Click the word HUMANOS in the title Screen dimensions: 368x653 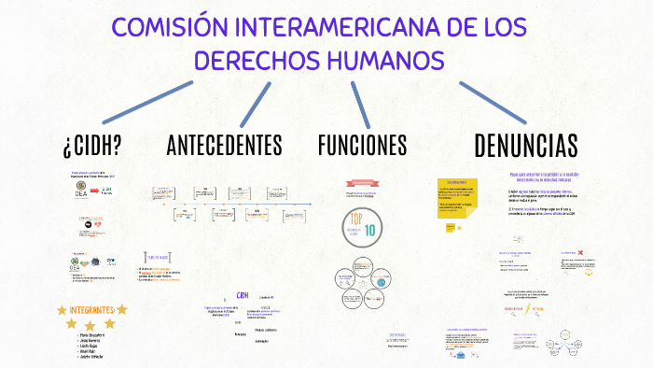click(x=382, y=60)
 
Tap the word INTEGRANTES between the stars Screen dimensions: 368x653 click(x=92, y=309)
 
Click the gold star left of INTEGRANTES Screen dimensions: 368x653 click(x=63, y=309)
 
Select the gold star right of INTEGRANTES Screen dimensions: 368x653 click(x=121, y=309)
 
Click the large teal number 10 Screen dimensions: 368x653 click(x=370, y=230)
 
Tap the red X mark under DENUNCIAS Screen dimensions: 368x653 click(x=580, y=253)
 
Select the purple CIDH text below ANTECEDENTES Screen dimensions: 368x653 click(x=243, y=296)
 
